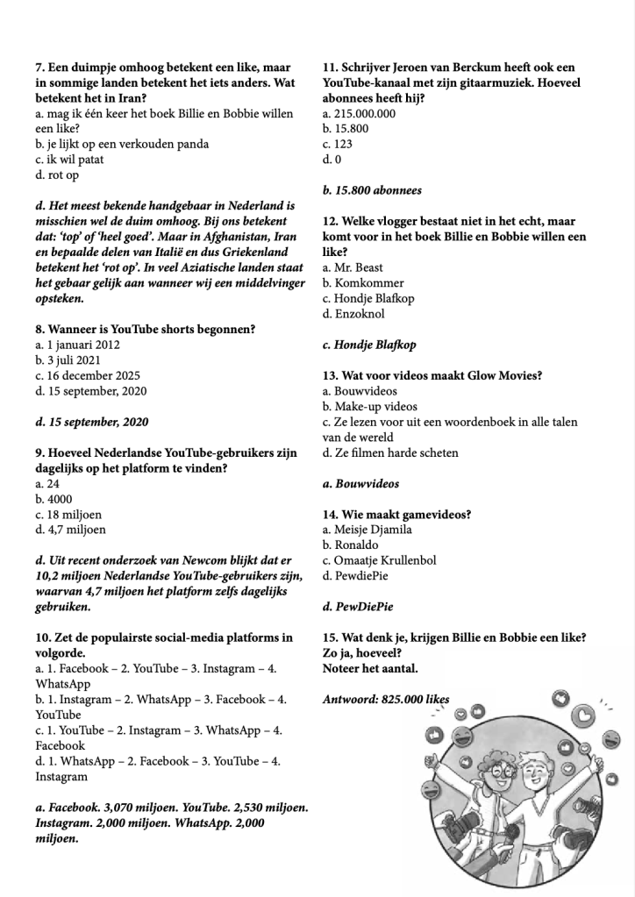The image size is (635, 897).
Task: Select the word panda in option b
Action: click(191, 145)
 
